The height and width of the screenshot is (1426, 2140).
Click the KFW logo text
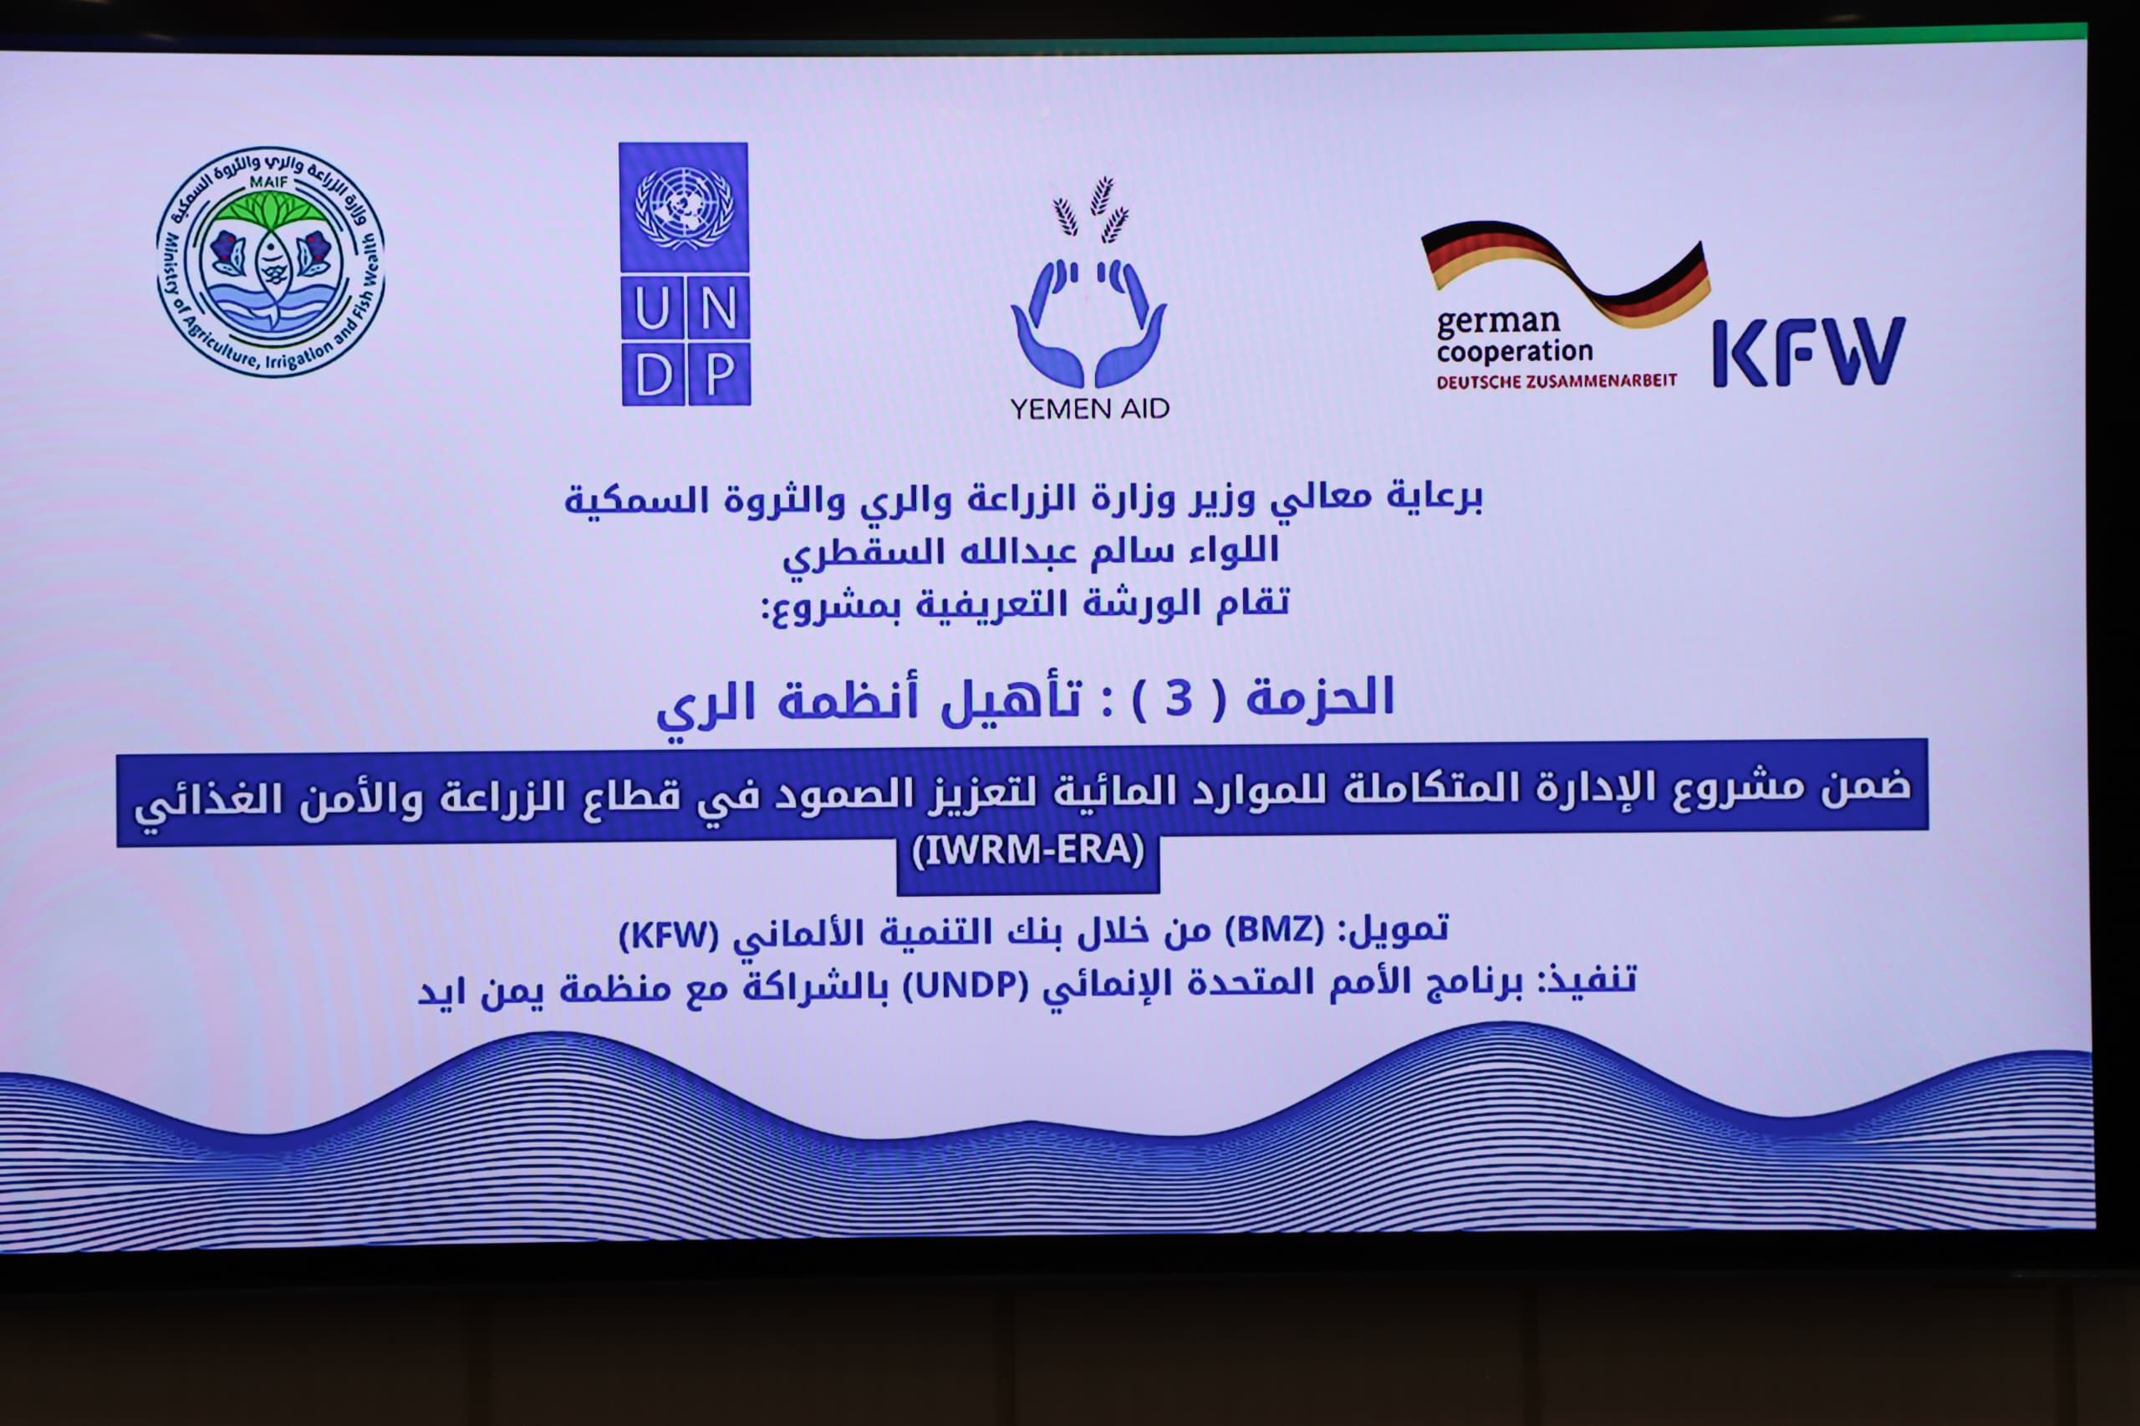tap(1809, 352)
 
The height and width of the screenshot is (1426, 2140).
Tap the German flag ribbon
tap(1565, 272)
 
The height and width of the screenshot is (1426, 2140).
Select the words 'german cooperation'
tap(1514, 337)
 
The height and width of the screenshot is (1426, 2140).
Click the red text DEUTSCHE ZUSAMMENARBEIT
tap(1557, 382)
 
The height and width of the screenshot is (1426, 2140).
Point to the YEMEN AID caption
tap(1089, 410)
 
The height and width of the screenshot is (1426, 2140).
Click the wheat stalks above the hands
tap(1090, 210)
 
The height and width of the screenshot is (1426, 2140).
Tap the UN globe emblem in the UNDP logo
tap(684, 208)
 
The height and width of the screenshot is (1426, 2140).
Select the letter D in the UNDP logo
tap(653, 374)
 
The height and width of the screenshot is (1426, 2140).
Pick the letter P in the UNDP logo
tap(718, 374)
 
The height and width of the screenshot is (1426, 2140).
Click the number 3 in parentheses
tap(1179, 700)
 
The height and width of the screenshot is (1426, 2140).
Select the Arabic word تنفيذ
tap(1592, 979)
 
